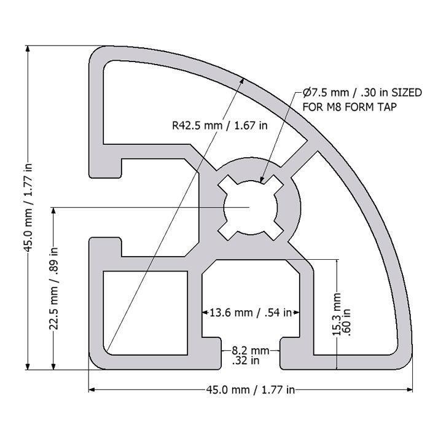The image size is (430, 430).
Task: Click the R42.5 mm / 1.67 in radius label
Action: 219,126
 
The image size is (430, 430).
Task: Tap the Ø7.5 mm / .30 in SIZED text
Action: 362,93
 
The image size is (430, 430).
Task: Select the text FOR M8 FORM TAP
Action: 350,106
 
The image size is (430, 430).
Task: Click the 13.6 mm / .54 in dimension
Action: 251,313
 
